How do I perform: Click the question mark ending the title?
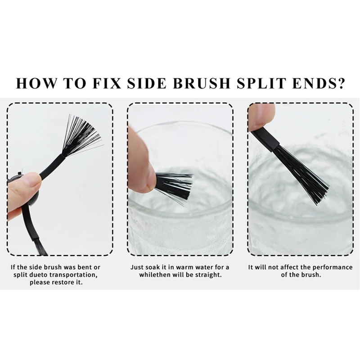341,83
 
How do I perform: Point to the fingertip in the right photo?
260,116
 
